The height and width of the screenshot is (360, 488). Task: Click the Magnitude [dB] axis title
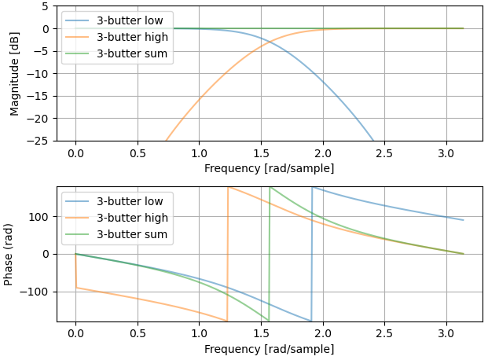pyautogui.click(x=15, y=73)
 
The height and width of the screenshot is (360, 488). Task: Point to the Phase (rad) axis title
pyautogui.click(x=9, y=254)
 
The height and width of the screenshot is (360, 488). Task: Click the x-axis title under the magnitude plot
pyautogui.click(x=269, y=168)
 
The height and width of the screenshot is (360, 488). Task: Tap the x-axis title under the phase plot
pyautogui.click(x=269, y=349)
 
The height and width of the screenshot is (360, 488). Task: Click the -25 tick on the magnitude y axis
pyautogui.click(x=39, y=141)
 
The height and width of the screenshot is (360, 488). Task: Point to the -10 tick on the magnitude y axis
pyautogui.click(x=39, y=74)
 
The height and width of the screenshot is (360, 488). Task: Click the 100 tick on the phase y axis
pyautogui.click(x=42, y=217)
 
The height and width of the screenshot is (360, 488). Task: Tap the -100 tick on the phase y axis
pyautogui.click(x=39, y=292)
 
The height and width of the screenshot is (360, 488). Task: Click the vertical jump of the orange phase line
pyautogui.click(x=228, y=254)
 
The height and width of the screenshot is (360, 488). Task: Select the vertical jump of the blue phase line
pyautogui.click(x=312, y=254)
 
